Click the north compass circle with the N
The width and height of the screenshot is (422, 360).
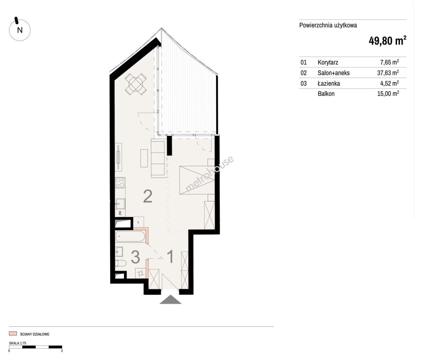[20, 30]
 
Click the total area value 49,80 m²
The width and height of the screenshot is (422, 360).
[387, 41]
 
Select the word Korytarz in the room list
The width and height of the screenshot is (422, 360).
[328, 62]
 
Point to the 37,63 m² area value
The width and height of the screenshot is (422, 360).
[388, 73]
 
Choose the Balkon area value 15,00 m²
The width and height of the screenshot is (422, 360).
[388, 93]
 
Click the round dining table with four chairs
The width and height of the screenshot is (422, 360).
[136, 84]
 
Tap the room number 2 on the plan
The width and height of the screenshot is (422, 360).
[148, 196]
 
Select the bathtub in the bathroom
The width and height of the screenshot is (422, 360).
[130, 237]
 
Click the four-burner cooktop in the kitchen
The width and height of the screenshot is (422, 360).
[120, 183]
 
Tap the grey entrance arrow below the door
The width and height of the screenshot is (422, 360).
[171, 299]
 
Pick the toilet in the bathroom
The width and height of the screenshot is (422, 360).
[121, 263]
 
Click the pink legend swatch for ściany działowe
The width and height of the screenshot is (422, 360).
[13, 334]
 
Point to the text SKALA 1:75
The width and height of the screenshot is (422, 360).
[18, 343]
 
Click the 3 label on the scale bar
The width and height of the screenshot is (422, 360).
[62, 351]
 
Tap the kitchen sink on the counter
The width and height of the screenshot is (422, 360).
[120, 204]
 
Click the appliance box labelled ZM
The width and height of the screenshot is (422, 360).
[120, 213]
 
